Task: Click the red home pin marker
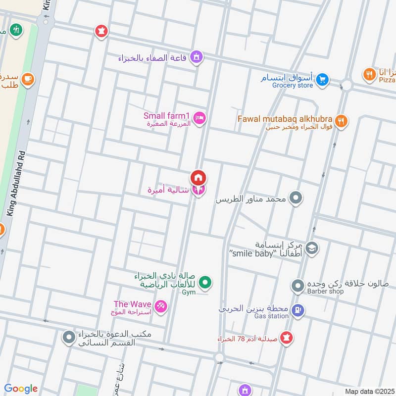[x=198, y=177]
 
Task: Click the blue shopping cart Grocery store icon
[x=322, y=79]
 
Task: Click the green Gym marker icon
[x=205, y=283]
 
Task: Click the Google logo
[x=21, y=389]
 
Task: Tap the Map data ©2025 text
[x=369, y=391]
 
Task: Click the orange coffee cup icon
[x=27, y=79]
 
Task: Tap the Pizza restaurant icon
[x=369, y=75]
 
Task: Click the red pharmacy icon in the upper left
[x=101, y=31]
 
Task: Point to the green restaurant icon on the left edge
[x=16, y=30]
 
